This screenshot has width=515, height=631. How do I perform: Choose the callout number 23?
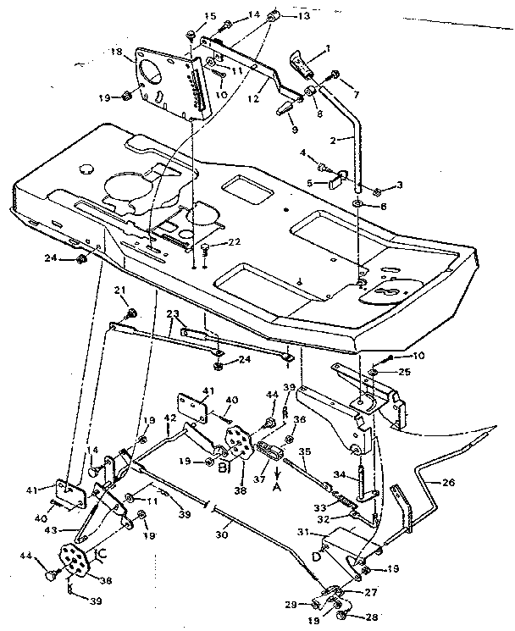pyautogui.click(x=174, y=313)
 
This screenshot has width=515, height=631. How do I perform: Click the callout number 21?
pyautogui.click(x=121, y=291)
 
